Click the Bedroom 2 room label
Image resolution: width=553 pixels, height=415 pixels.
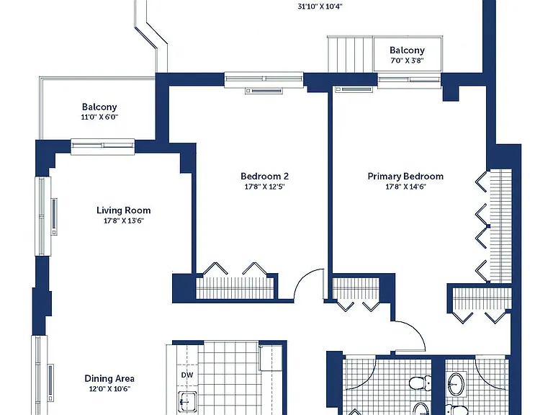tap(264, 176)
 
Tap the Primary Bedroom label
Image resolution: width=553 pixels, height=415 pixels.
tap(405, 176)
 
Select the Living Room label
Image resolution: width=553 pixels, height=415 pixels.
tap(123, 210)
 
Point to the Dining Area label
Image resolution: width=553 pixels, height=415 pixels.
tap(109, 379)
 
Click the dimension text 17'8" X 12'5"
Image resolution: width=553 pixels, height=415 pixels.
tap(264, 187)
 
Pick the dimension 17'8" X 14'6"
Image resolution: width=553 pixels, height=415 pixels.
tap(405, 187)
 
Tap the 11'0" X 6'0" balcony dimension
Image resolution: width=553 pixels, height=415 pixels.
tap(99, 117)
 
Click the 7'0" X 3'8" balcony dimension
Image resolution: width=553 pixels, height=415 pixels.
tap(407, 61)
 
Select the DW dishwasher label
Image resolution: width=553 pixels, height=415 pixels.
tap(187, 375)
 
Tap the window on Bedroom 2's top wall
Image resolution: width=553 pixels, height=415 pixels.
tap(264, 79)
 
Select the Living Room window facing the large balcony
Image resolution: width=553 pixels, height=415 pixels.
tap(103, 146)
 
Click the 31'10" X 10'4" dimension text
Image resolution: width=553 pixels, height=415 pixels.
tap(320, 6)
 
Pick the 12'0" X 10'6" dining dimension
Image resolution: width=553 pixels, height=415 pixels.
tap(109, 389)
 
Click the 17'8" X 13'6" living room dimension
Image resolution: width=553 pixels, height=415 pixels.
tap(123, 221)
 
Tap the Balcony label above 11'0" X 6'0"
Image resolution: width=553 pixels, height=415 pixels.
tap(99, 107)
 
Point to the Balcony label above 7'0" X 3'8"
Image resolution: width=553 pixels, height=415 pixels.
tap(407, 50)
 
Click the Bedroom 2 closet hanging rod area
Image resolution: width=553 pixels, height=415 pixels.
tap(235, 288)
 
